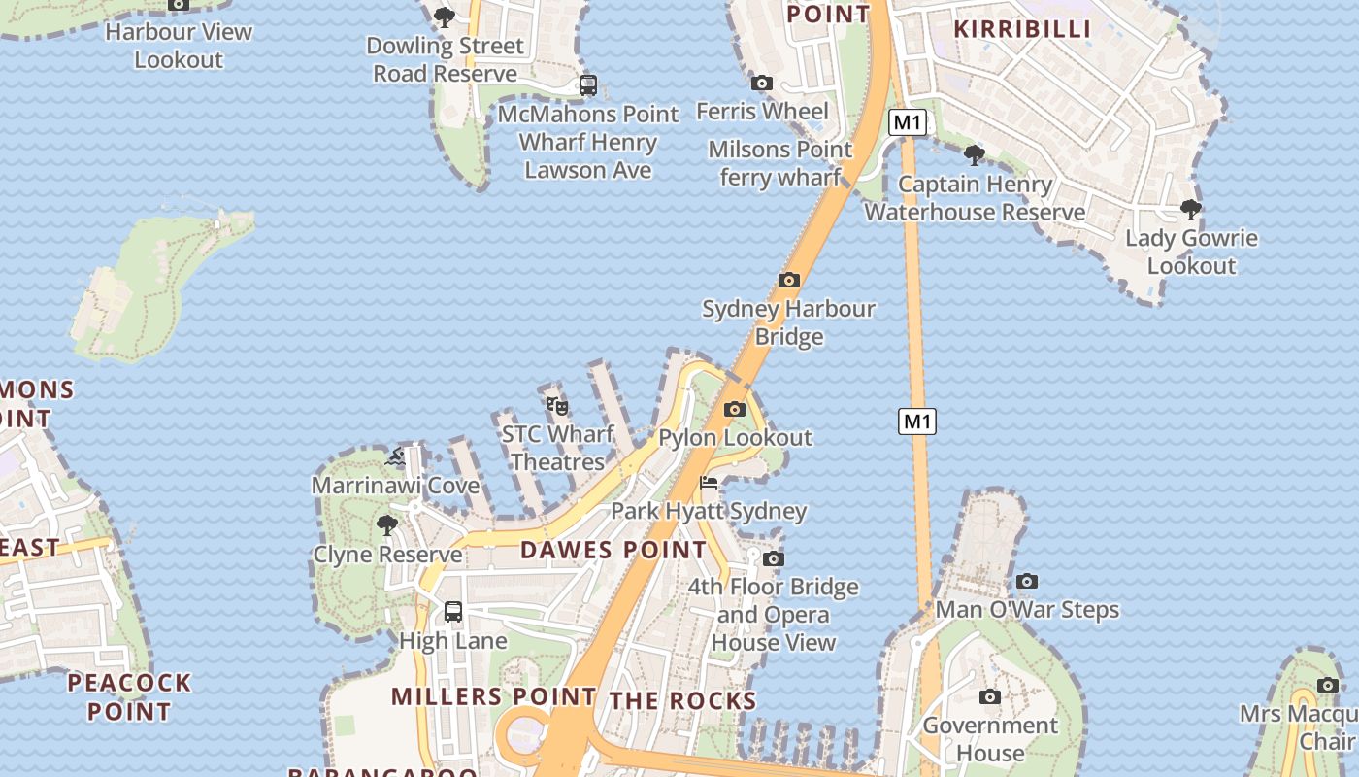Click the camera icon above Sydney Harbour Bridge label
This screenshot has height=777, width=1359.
[789, 281]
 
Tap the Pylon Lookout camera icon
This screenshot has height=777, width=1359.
[735, 409]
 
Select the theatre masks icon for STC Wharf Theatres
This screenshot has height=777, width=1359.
[557, 405]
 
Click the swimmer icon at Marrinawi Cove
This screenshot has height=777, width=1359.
[395, 456]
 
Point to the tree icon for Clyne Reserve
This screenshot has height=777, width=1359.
[387, 525]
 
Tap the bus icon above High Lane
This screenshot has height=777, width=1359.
[453, 612]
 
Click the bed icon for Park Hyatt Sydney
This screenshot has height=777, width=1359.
[710, 483]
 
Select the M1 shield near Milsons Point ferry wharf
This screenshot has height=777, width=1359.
[908, 122]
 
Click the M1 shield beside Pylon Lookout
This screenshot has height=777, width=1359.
[917, 422]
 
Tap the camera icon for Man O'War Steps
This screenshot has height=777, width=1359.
[1027, 582]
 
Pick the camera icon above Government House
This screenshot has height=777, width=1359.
[990, 696]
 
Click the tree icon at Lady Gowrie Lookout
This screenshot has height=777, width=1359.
[1191, 209]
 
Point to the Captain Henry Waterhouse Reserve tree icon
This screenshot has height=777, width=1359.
[975, 154]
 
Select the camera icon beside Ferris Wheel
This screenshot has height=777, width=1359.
[762, 84]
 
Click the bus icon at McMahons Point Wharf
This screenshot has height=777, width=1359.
[588, 85]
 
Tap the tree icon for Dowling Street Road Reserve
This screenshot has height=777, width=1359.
[445, 17]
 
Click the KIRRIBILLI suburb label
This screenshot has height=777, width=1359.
[1023, 28]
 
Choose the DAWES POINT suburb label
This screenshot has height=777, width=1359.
[613, 550]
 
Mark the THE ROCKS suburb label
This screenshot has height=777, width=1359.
[682, 700]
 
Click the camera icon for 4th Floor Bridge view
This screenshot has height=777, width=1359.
[774, 558]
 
